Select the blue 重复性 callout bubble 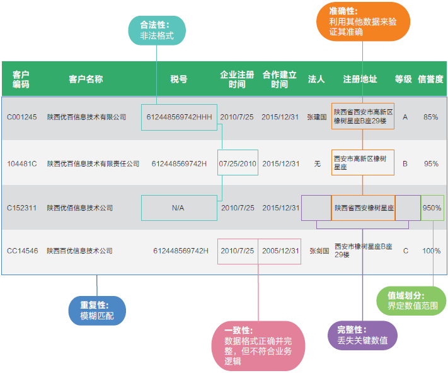[97, 310]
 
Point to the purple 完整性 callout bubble [362, 335]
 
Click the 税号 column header [179, 79]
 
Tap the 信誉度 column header [431, 79]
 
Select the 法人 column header [316, 79]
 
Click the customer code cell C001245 [22, 117]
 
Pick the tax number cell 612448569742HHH [179, 117]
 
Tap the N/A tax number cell [178, 208]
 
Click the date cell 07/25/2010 [238, 163]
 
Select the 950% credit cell [432, 208]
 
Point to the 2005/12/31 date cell [280, 251]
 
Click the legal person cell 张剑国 [318, 251]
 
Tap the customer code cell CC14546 [23, 251]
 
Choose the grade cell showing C [405, 251]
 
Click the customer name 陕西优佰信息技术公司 [79, 208]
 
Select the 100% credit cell [432, 251]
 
